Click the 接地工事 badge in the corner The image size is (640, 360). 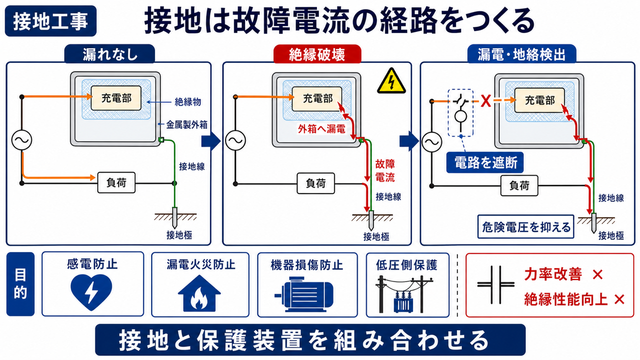(x=50, y=21)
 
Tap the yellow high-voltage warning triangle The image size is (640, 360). (x=391, y=81)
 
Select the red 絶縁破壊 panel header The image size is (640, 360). (x=317, y=54)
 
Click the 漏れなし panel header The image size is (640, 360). (x=109, y=54)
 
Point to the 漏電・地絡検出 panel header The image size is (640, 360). (x=521, y=54)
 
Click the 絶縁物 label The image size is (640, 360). (x=187, y=102)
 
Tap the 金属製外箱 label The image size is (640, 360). (x=187, y=125)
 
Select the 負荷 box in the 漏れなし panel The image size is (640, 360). (x=116, y=182)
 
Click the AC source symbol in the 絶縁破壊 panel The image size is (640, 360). (x=235, y=140)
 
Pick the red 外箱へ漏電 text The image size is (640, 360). (x=321, y=129)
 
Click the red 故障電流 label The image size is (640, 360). (x=385, y=171)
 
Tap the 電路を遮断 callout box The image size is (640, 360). (x=485, y=162)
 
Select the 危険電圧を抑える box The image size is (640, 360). (x=526, y=227)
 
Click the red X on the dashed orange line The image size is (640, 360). (x=485, y=101)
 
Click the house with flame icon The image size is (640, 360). (x=199, y=293)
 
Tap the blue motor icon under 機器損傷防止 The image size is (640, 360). (x=304, y=294)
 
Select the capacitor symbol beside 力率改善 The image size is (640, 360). (x=495, y=284)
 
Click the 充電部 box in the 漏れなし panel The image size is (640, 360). (x=116, y=98)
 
